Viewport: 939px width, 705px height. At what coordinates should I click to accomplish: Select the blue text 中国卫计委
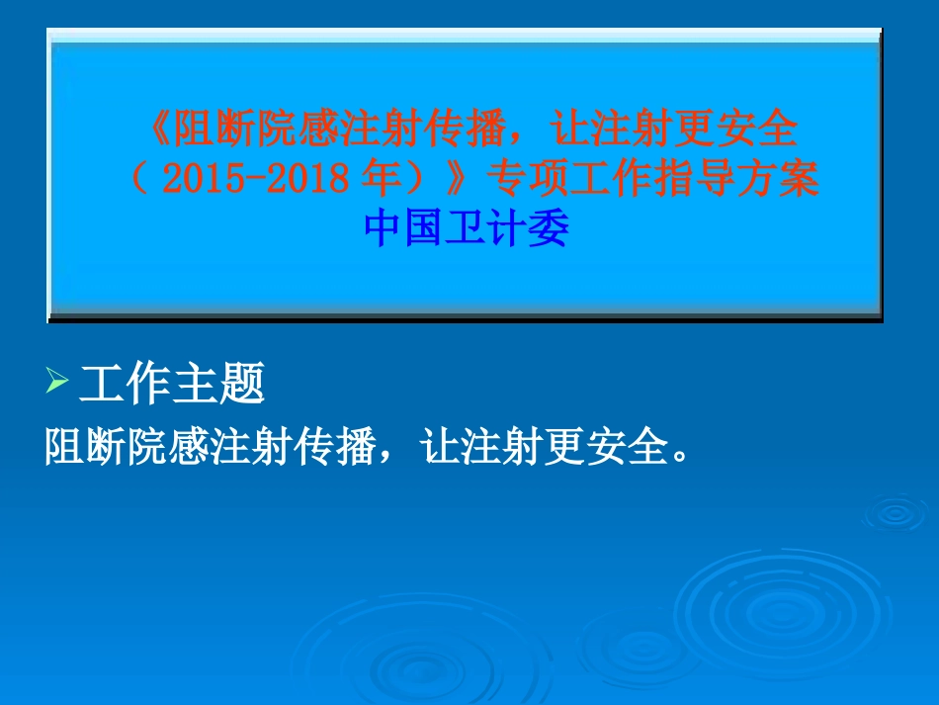[467, 229]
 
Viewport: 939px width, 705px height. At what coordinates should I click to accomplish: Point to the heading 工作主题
[172, 384]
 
